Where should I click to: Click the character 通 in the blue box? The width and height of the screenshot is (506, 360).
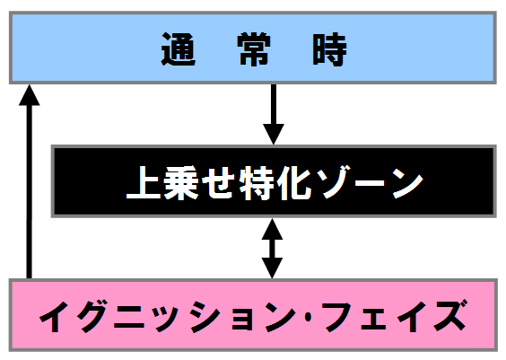pyautogui.click(x=179, y=49)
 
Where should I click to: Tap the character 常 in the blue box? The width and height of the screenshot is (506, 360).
pyautogui.click(x=254, y=49)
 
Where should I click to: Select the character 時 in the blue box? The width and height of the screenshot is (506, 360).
pyautogui.click(x=329, y=49)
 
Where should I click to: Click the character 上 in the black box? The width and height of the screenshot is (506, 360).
pyautogui.click(x=144, y=183)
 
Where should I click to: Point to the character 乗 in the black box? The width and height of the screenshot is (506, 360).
pyautogui.click(x=181, y=183)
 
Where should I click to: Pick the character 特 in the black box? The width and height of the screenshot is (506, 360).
pyautogui.click(x=257, y=183)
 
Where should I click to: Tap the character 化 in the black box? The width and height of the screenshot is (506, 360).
pyautogui.click(x=294, y=183)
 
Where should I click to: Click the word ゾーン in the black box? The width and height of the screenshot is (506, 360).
pyautogui.click(x=370, y=183)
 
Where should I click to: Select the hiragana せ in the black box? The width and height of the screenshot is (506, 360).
pyautogui.click(x=219, y=183)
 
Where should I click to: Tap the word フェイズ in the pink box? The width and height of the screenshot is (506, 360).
pyautogui.click(x=395, y=316)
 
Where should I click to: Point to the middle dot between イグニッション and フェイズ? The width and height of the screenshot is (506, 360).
pyautogui.click(x=309, y=317)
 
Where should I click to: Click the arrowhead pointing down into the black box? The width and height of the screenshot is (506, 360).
pyautogui.click(x=274, y=134)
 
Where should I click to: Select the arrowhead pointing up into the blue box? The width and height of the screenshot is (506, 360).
pyautogui.click(x=30, y=95)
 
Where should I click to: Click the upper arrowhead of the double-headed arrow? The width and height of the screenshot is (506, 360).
pyautogui.click(x=272, y=229)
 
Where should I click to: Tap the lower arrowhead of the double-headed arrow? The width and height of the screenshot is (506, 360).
pyautogui.click(x=272, y=268)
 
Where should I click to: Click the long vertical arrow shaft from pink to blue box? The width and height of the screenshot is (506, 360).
pyautogui.click(x=30, y=192)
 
